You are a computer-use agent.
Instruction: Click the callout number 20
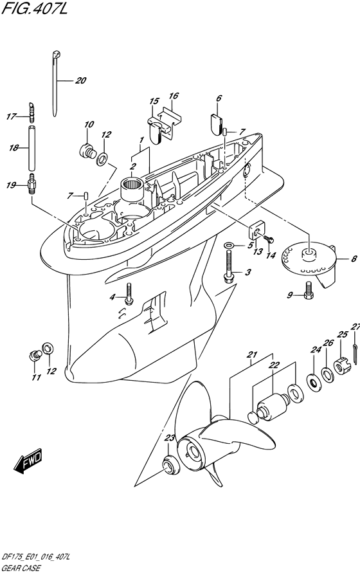tap(80, 80)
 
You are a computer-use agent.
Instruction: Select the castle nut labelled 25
tap(342, 365)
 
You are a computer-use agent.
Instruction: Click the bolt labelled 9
tap(308, 290)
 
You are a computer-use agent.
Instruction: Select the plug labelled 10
tap(87, 151)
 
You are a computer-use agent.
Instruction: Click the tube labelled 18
tap(32, 148)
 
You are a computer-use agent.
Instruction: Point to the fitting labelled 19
tap(32, 184)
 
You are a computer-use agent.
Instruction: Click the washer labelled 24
tap(314, 382)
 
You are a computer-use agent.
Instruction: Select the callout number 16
tap(174, 96)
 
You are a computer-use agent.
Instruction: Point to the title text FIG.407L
tap(35, 8)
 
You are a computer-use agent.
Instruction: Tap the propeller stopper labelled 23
tap(170, 464)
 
